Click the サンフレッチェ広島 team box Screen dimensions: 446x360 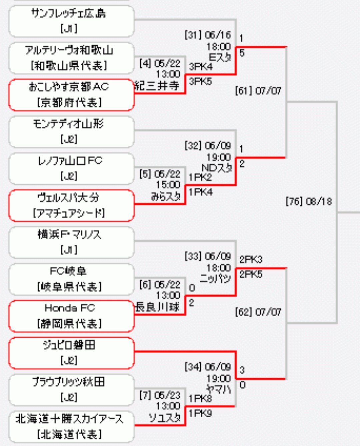click(x=71, y=21)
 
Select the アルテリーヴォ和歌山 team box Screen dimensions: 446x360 click(x=71, y=58)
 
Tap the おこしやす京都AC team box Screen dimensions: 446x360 click(x=71, y=95)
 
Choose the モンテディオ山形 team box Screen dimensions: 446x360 click(x=71, y=132)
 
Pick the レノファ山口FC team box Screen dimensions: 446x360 click(x=71, y=168)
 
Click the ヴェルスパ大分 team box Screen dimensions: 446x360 click(x=71, y=205)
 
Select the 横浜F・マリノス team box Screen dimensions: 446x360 click(x=71, y=243)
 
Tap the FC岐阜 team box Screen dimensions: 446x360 click(x=71, y=279)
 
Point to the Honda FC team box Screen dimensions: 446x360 click(x=71, y=316)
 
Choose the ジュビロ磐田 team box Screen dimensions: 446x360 click(x=71, y=353)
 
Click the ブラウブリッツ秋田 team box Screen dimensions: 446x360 click(x=71, y=390)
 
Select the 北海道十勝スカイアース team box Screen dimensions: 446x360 click(x=71, y=427)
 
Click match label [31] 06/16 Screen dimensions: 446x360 click(x=208, y=35)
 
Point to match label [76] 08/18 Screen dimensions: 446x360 click(x=309, y=201)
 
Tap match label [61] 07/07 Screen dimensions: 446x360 click(x=258, y=91)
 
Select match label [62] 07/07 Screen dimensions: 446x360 click(x=258, y=312)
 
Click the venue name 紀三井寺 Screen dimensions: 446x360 click(x=157, y=86)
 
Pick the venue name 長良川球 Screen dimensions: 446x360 click(x=157, y=307)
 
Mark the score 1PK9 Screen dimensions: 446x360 click(x=200, y=414)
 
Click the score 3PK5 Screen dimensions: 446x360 click(x=200, y=81)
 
